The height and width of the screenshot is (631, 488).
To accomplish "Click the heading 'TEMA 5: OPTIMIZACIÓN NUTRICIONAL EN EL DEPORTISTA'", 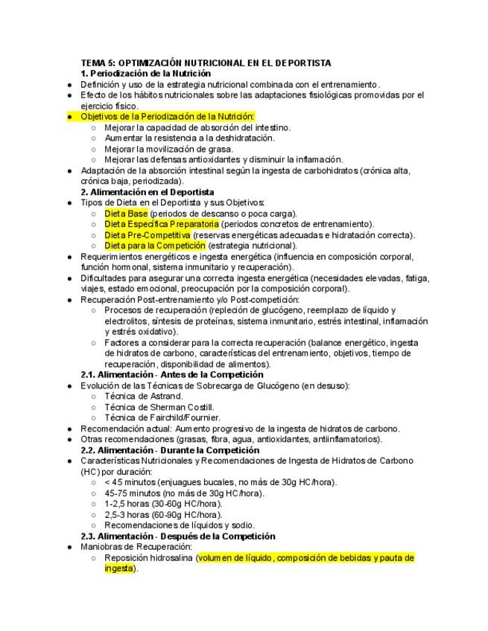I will coord(206,63).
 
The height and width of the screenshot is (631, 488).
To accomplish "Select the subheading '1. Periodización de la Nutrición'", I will coord(145,74).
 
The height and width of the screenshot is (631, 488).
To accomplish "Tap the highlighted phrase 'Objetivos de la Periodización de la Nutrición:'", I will coord(168,117).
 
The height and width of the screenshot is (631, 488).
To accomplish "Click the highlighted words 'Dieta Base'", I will coord(126,214).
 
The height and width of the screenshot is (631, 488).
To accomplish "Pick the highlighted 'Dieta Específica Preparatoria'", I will coord(162,224).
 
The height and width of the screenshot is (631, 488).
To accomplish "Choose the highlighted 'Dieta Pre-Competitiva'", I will coord(147,235).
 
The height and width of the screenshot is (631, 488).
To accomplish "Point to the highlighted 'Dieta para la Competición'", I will coord(154,246).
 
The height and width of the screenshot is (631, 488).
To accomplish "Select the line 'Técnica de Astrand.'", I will coord(143,396).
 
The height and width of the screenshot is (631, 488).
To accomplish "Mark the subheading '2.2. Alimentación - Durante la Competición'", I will coord(170,450).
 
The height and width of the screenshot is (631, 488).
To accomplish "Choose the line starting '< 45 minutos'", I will coord(221,482).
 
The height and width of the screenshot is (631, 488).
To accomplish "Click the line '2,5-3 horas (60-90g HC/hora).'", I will coord(163,514).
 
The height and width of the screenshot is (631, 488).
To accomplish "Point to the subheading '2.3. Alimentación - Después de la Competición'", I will coord(177,536).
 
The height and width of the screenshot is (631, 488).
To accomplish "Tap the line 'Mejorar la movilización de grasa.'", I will coord(174,149).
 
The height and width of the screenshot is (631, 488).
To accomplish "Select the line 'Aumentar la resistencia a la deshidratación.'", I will coord(189,138).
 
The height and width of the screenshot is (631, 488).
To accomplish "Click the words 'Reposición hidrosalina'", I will coord(149,557).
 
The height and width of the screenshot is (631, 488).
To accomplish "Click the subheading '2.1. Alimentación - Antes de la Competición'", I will coord(172,375).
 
